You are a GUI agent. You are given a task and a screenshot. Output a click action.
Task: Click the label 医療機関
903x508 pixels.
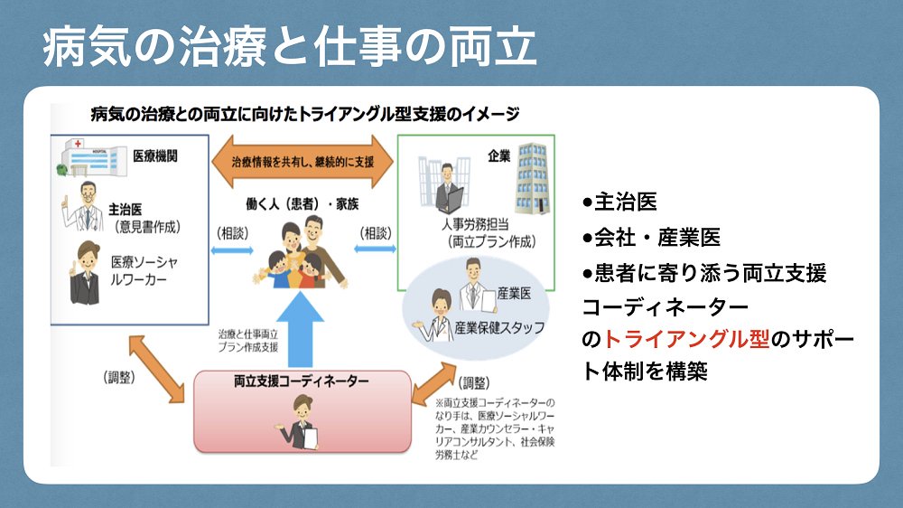155,155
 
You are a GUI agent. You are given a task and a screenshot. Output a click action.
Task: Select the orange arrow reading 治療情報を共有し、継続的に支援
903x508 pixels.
303,163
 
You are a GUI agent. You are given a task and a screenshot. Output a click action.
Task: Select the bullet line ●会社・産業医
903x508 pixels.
650,238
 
